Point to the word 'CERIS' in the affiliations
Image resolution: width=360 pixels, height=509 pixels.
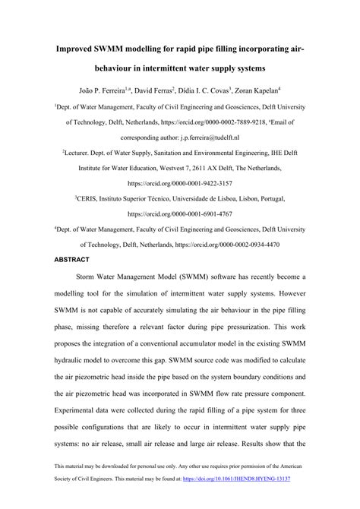point(91,197)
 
